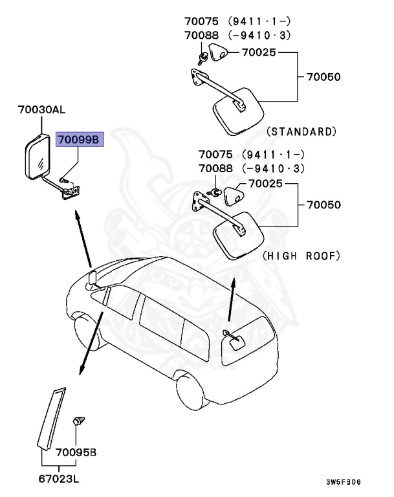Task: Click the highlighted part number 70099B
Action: (x=80, y=138)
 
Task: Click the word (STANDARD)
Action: (x=301, y=131)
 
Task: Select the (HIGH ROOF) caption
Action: (x=301, y=256)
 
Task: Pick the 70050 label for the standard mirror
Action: (x=324, y=77)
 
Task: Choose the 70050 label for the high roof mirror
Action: (x=324, y=204)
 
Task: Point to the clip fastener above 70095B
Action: (x=80, y=421)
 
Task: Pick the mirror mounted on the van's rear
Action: (x=234, y=340)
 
